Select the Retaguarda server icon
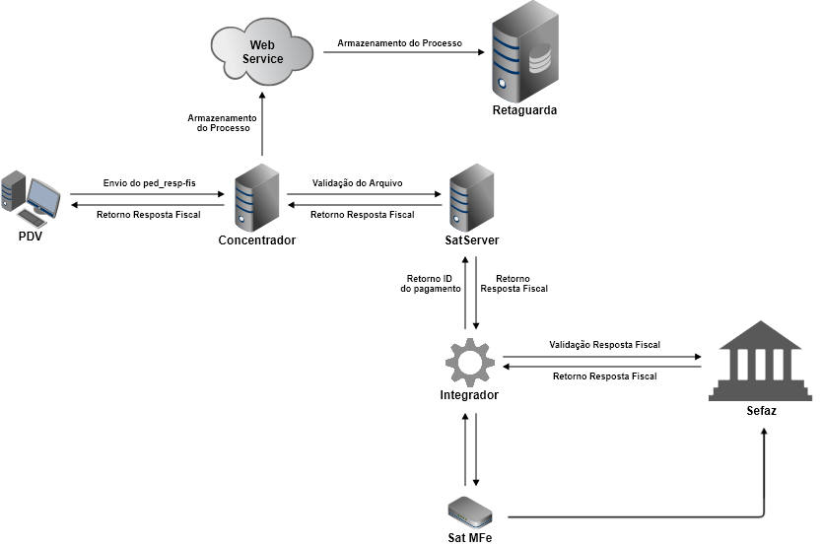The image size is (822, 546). tap(523, 50)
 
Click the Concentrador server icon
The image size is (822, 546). tap(257, 196)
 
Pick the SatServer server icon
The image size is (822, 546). tap(470, 196)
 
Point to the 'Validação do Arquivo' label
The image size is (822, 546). tap(364, 183)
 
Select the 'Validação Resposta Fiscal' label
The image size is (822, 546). tap(604, 344)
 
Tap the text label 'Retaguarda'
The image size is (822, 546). tap(524, 110)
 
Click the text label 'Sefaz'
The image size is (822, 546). tap(761, 409)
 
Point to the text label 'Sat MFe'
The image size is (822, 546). tap(469, 537)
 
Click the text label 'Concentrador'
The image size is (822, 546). tap(256, 240)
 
